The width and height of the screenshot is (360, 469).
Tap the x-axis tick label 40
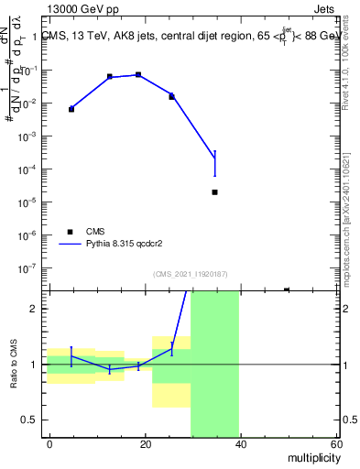pos(241,444)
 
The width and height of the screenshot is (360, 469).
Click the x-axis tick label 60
pos(335,444)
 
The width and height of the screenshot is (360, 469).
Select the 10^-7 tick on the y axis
pos(31,268)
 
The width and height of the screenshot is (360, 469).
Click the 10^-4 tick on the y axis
pos(31,169)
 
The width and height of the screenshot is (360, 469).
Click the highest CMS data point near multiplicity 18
pos(138,74)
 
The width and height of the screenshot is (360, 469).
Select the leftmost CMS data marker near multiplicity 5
pos(71,109)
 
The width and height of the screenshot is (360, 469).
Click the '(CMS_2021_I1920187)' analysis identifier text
pos(191,273)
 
